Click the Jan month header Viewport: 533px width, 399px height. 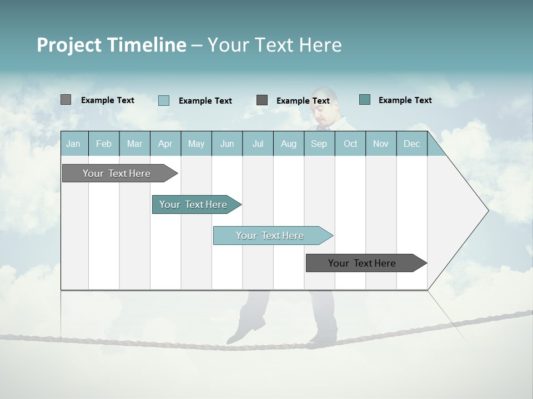pyautogui.click(x=73, y=144)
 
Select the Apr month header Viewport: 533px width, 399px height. pyautogui.click(x=165, y=144)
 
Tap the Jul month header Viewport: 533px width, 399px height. pyautogui.click(x=258, y=144)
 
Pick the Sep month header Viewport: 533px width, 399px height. pyautogui.click(x=319, y=144)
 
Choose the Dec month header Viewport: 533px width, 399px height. pyautogui.click(x=411, y=144)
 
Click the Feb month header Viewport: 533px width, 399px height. pyautogui.click(x=104, y=144)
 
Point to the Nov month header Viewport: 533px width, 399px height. pyautogui.click(x=380, y=144)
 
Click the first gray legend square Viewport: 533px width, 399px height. pyautogui.click(x=66, y=100)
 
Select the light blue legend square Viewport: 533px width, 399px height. pyautogui.click(x=164, y=100)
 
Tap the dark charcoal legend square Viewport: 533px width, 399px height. pyautogui.click(x=262, y=100)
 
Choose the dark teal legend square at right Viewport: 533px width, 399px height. pyautogui.click(x=365, y=100)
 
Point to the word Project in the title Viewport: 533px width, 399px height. pyautogui.click(x=68, y=45)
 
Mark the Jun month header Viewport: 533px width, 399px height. pyautogui.click(x=227, y=144)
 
